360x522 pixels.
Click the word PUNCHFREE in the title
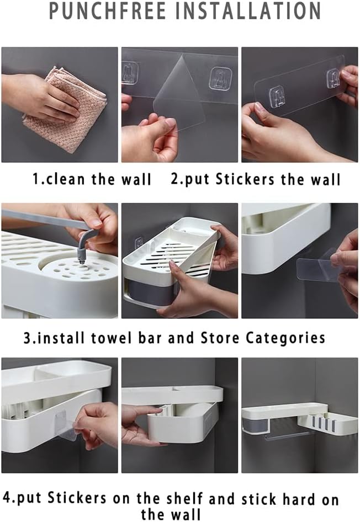point(107,10)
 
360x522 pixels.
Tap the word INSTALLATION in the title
point(247,10)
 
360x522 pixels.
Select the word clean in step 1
point(66,179)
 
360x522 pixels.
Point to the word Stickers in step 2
point(245,179)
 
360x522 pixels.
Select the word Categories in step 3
point(285,338)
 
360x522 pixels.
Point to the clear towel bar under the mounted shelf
point(289,434)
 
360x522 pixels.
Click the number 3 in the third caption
point(27,338)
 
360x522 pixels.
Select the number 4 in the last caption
point(7,498)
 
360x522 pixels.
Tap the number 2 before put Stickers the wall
point(175,179)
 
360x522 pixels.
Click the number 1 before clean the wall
point(36,179)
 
